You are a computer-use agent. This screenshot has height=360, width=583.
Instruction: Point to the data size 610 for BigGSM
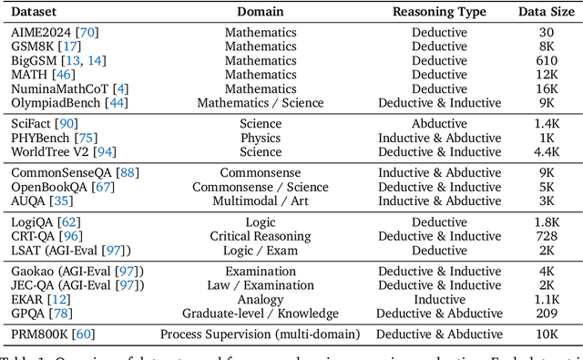coord(546,59)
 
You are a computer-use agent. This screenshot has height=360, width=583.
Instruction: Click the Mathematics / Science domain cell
coord(261,103)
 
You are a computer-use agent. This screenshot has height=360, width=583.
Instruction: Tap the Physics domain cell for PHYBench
coord(261,138)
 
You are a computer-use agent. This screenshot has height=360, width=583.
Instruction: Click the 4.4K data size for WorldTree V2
coord(546,152)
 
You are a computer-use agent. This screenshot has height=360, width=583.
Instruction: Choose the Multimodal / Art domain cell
coord(261,201)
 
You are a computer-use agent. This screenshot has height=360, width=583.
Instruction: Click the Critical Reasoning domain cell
coord(261,236)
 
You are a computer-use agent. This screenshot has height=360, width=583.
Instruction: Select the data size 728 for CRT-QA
coord(546,236)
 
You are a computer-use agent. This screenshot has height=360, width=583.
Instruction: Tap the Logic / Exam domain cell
coord(261,251)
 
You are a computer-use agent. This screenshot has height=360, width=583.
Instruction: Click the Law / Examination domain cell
coord(261,285)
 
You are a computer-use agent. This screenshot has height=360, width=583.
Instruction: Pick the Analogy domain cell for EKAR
coord(261,300)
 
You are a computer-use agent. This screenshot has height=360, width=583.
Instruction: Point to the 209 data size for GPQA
coord(546,314)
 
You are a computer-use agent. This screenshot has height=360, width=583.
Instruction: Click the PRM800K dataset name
coord(40,334)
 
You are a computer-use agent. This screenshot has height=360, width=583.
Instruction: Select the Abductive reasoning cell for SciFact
coord(440,123)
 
